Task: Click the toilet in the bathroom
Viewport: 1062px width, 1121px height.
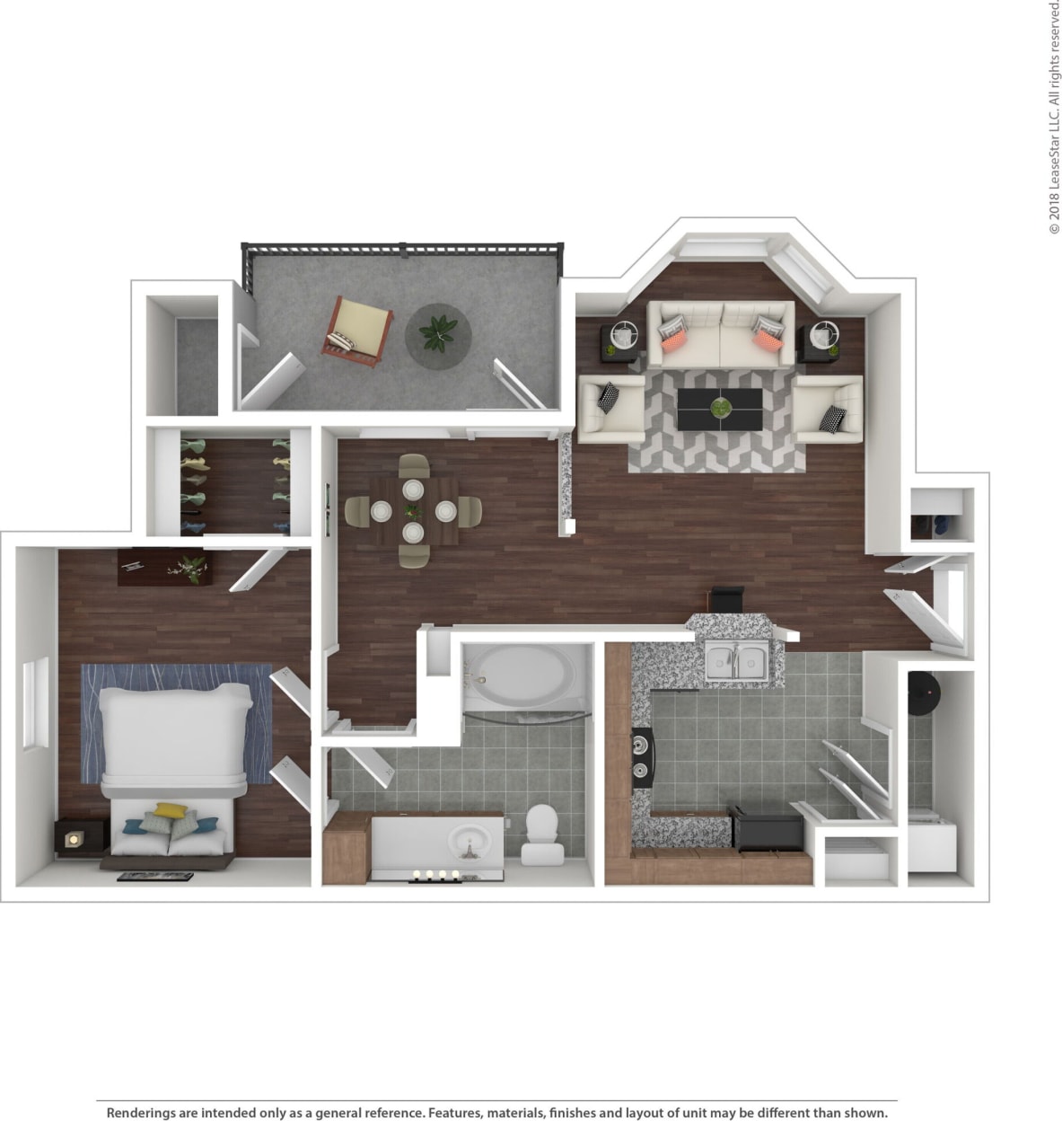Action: tap(541, 833)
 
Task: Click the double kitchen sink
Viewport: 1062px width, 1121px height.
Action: tap(736, 661)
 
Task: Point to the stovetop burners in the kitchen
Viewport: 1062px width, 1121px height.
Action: tap(641, 756)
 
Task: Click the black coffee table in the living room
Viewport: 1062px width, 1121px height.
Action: tap(720, 410)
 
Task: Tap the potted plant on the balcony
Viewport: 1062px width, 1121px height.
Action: tap(437, 333)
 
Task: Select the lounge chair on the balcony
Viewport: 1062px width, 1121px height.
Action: tap(359, 331)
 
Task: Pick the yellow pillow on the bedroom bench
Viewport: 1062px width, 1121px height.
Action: tap(168, 810)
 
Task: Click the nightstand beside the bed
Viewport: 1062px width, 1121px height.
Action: tap(72, 837)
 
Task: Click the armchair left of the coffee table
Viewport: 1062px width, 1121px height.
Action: tap(610, 409)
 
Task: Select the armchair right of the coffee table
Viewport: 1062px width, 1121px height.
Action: tap(828, 409)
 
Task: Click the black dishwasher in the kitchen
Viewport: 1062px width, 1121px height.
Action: tap(767, 828)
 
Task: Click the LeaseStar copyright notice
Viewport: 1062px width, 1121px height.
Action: tap(1054, 117)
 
